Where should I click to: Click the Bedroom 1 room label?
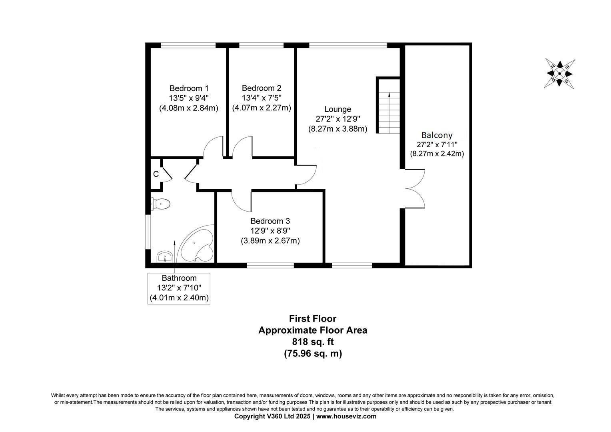point(189,88)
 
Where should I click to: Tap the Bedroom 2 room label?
point(261,88)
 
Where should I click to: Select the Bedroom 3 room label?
point(270,221)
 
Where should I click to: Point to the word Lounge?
point(337,110)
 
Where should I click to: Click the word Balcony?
point(437,135)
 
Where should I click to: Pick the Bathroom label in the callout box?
point(179,278)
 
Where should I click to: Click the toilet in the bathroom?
point(161,204)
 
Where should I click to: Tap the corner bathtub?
point(196,244)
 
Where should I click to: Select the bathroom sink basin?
point(164,256)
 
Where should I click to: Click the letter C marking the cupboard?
point(156,174)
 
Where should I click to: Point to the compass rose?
point(559,74)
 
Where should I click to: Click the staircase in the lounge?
point(388,105)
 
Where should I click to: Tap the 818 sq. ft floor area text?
point(313,342)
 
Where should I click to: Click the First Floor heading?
point(313,318)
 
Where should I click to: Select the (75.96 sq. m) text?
point(313,354)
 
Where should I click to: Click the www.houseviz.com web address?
point(346,416)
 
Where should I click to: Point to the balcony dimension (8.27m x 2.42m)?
point(437,154)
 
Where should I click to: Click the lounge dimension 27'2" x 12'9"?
point(338,119)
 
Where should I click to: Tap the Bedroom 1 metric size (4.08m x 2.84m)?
point(189,108)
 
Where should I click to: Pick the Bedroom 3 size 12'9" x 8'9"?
point(270,231)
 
